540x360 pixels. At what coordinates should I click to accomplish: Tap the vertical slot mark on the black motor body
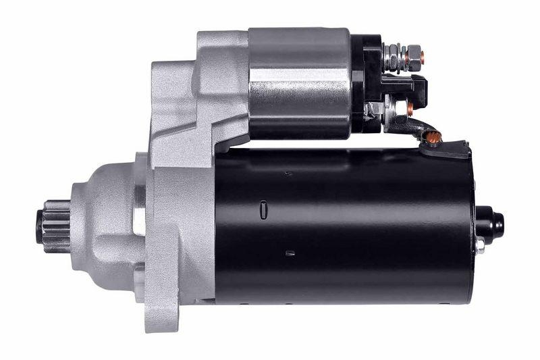(261, 210)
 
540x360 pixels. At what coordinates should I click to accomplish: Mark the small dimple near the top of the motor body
(288, 174)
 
